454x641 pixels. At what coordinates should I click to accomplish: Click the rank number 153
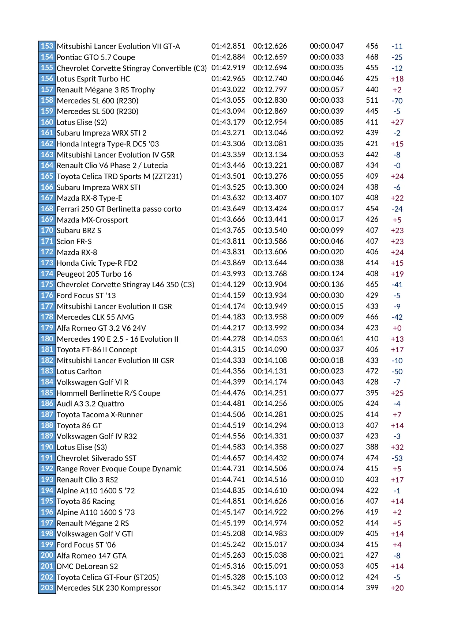47,46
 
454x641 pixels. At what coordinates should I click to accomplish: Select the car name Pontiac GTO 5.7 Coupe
96,57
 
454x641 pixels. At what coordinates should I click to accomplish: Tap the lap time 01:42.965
228,79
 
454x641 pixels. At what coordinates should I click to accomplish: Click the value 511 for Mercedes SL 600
372,100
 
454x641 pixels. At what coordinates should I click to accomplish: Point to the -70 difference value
397,101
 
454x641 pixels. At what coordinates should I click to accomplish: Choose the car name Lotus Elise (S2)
82,122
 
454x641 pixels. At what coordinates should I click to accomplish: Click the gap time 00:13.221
270,165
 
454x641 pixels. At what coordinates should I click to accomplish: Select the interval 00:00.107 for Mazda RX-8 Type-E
326,198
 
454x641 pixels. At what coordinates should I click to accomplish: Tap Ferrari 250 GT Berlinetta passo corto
119,209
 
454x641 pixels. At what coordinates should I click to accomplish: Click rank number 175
47,284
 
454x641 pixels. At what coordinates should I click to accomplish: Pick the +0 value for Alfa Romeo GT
397,328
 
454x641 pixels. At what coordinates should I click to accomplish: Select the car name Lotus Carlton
79,372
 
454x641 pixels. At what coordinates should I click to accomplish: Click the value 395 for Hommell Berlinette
372,393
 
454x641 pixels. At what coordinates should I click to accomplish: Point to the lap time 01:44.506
228,414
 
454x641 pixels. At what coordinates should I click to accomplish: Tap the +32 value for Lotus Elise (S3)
397,447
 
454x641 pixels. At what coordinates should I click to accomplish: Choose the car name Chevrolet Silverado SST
97,458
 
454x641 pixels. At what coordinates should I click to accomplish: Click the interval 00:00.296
326,512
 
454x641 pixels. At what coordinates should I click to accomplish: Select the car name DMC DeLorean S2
87,566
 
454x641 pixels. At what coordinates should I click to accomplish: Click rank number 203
47,588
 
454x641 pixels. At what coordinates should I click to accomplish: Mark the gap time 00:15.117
270,588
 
